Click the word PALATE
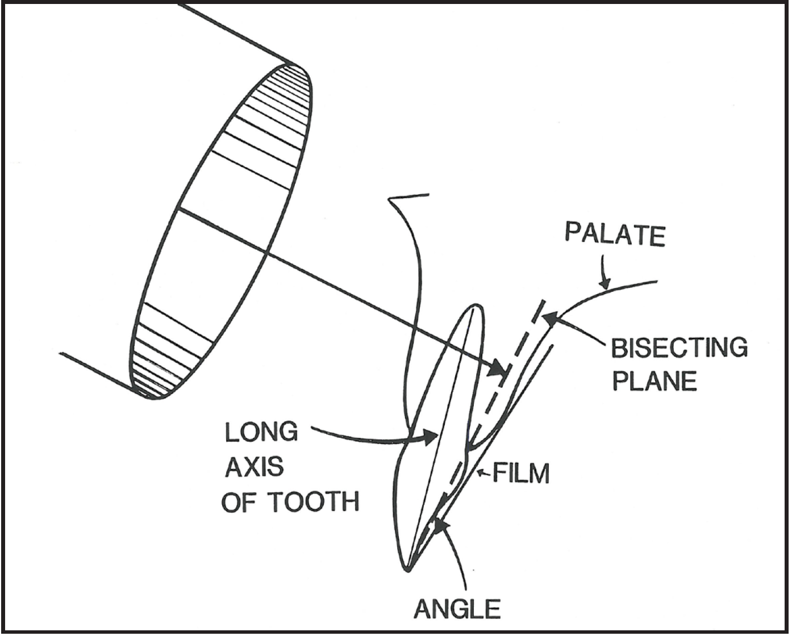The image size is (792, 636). tap(615, 235)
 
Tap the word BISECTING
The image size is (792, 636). tap(679, 348)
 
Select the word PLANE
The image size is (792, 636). tap(654, 380)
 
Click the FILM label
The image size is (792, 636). tap(521, 473)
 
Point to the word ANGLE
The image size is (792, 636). tap(457, 609)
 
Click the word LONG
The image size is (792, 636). tap(261, 433)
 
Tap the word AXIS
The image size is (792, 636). tap(254, 467)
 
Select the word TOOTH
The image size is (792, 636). tap(313, 502)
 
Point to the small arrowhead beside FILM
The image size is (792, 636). tap(481, 472)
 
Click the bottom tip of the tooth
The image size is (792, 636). tap(407, 568)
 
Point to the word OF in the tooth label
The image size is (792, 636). tap(240, 502)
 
